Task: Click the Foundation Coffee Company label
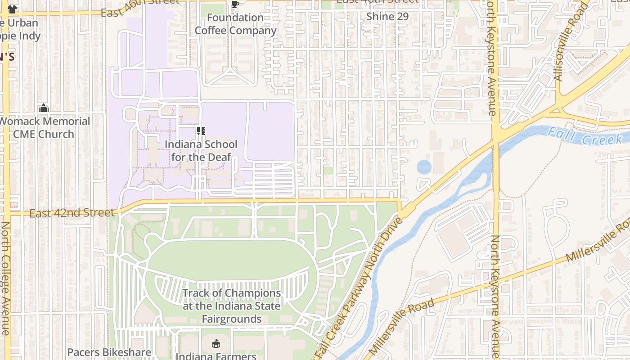(x=235, y=24)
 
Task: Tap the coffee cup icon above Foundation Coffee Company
(x=235, y=4)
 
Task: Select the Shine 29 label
(x=387, y=17)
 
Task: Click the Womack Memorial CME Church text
(x=44, y=128)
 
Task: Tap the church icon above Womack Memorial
(x=43, y=108)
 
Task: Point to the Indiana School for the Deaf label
(x=201, y=151)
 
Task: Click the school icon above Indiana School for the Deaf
(x=201, y=131)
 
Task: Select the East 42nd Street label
(x=72, y=213)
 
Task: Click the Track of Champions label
(x=231, y=306)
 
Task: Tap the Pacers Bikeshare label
(x=109, y=352)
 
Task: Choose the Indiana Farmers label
(x=216, y=356)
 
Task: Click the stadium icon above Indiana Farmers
(x=216, y=344)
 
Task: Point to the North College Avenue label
(x=5, y=278)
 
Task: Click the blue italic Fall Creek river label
(x=585, y=136)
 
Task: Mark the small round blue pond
(x=424, y=167)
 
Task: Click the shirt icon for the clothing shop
(x=12, y=9)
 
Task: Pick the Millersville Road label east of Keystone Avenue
(x=598, y=241)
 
